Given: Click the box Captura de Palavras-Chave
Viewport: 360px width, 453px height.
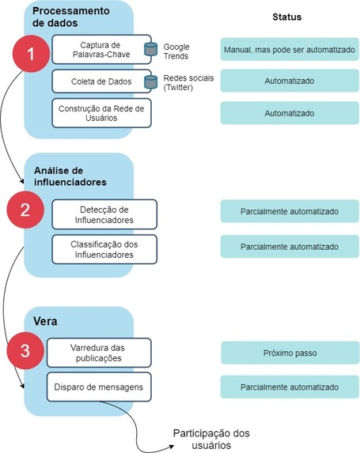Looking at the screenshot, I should pos(100,49).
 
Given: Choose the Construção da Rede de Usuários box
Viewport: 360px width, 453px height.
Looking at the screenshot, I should pos(100,112).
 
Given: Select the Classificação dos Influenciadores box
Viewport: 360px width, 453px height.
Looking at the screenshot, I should pos(104,248).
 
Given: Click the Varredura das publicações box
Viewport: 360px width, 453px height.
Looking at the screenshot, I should pos(98,352).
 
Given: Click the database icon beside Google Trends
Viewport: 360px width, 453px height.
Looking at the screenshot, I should pos(150,50).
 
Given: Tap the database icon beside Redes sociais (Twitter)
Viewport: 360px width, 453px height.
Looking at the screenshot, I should pos(150,81).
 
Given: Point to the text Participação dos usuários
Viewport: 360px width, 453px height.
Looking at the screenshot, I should pos(209,439).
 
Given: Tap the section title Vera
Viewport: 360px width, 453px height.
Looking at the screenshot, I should pos(47,322).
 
